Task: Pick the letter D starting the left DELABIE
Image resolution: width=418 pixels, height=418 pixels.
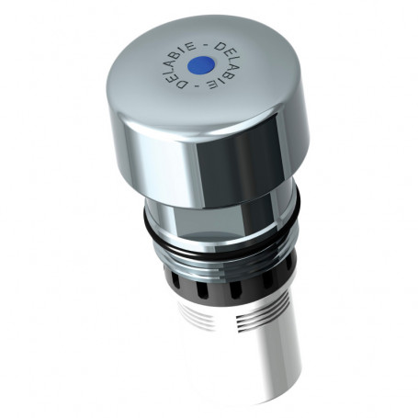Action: click(183, 84)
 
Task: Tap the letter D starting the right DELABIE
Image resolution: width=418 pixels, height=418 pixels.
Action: click(220, 47)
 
